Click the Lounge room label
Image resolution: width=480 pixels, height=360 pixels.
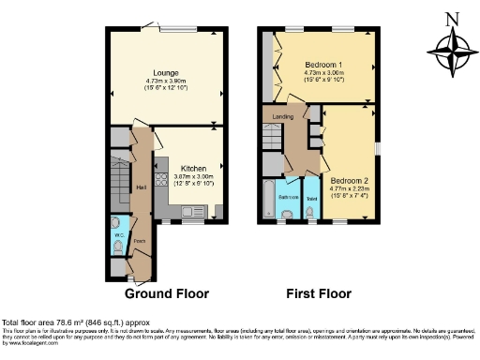167,71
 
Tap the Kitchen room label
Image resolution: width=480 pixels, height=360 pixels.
194,170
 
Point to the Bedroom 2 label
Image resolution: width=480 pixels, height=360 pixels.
348,178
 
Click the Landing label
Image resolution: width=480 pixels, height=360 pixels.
283,117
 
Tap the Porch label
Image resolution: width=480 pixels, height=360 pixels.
140,240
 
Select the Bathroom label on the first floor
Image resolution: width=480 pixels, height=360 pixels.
289,197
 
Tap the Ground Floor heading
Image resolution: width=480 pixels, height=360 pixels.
169,293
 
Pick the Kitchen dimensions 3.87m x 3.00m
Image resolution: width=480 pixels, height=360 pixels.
194,177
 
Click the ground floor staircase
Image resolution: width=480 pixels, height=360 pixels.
119,184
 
